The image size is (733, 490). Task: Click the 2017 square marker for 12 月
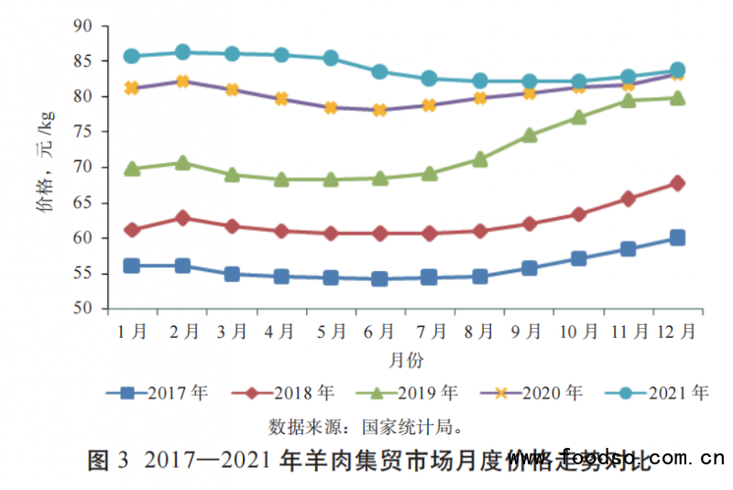coord(677,238)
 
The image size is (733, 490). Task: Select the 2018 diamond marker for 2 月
coord(182,218)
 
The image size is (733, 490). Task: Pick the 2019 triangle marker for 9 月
coord(529,136)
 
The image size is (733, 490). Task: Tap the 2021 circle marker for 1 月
coord(132,56)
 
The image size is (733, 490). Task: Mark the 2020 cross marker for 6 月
coord(379,110)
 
